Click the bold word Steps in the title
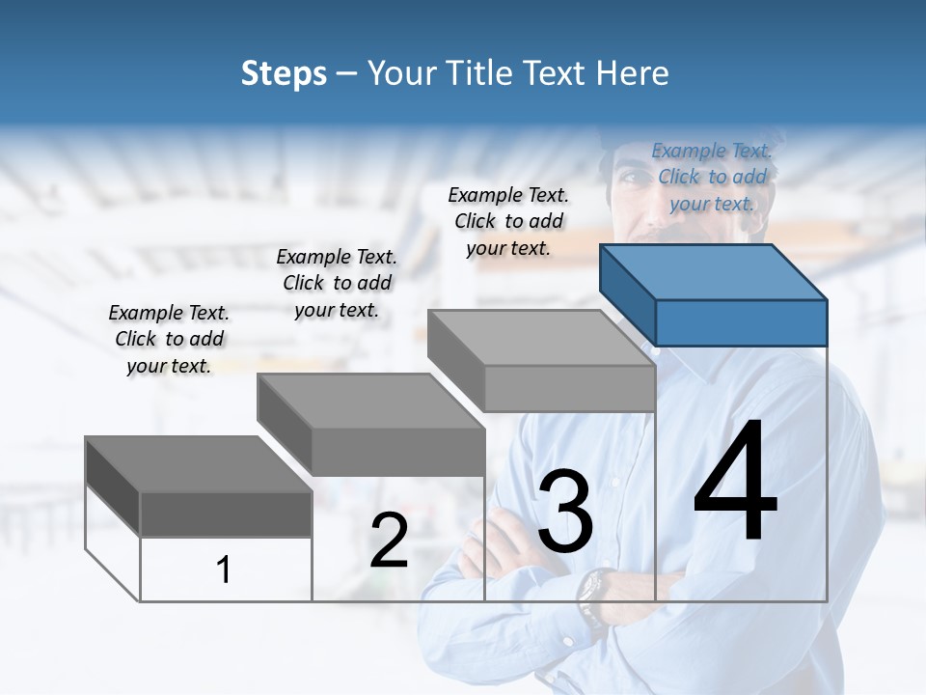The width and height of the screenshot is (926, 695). (284, 74)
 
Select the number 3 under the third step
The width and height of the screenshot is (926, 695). (565, 512)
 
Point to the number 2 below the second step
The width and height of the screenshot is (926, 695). (389, 542)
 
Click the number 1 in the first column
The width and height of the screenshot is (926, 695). (224, 570)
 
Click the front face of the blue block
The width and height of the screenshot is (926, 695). (741, 322)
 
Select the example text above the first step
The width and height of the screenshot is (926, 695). (169, 339)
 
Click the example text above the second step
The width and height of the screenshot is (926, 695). (337, 283)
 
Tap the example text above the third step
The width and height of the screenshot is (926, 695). (508, 221)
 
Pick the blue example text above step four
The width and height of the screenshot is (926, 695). (712, 177)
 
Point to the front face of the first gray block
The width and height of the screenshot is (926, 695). (226, 514)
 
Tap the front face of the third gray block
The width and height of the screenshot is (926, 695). (569, 389)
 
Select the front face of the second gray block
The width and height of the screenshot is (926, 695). (397, 452)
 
